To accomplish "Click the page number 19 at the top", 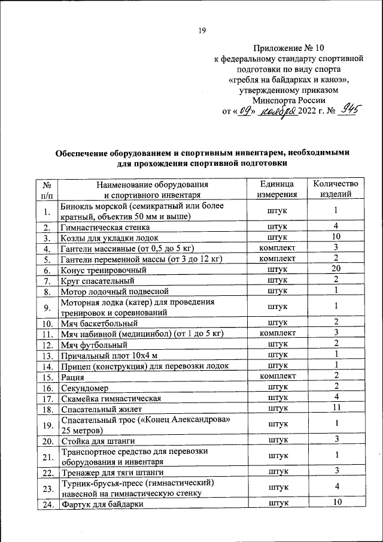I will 202,31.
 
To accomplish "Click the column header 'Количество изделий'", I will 335,188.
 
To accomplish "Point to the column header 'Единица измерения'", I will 277,188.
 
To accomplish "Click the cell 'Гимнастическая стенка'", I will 102,228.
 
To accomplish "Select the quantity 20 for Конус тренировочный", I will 336,269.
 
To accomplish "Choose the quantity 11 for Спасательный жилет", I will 336,408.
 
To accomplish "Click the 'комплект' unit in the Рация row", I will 277,377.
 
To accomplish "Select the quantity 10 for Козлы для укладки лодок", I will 336,237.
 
